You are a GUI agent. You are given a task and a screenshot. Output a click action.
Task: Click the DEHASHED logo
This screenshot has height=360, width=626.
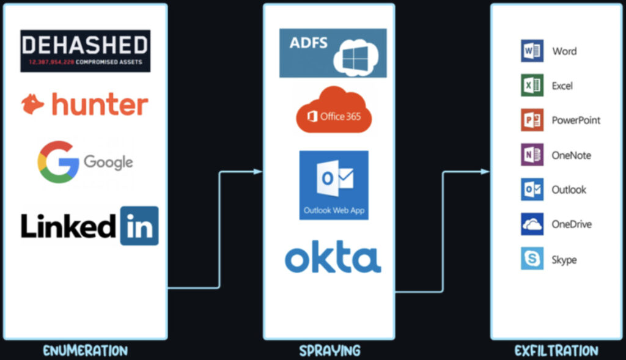[85, 51]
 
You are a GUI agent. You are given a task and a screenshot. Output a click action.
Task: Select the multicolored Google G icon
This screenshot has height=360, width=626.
[57, 162]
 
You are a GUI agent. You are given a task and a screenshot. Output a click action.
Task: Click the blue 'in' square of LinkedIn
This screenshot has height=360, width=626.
[139, 226]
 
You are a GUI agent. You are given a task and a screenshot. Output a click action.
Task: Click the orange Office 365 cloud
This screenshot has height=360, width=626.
[334, 110]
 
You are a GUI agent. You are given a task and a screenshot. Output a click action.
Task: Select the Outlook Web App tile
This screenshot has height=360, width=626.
[334, 185]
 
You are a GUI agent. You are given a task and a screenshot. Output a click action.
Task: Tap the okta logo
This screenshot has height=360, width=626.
[333, 258]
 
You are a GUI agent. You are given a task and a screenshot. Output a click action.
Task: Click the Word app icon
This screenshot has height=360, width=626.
[532, 51]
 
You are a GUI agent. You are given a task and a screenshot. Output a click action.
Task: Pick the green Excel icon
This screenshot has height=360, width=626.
[532, 86]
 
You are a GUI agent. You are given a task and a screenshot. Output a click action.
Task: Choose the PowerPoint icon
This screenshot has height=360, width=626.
[532, 120]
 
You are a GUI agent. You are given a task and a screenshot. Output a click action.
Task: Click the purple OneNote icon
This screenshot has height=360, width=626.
[532, 155]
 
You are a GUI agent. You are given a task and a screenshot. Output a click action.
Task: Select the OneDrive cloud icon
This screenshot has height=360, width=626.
[532, 224]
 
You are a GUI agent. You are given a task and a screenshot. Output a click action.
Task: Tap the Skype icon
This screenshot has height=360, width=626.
[532, 259]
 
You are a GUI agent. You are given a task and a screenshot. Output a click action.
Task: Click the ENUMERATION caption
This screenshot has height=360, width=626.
[85, 351]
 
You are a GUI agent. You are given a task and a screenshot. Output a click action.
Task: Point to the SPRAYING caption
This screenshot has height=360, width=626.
[330, 351]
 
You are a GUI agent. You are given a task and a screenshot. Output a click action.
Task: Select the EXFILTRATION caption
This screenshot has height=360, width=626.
[556, 351]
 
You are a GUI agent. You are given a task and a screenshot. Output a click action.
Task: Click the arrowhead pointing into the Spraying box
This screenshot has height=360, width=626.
[258, 172]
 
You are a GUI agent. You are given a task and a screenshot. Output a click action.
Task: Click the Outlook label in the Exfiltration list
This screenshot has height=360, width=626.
[569, 189]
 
